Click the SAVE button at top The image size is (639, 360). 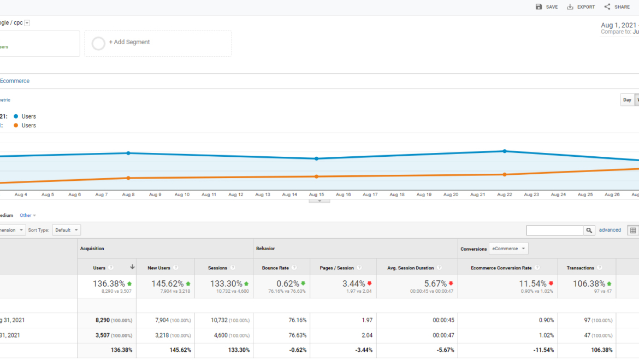(547, 7)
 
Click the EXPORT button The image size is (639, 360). (581, 7)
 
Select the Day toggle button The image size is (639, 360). (627, 100)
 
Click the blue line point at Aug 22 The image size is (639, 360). (505, 151)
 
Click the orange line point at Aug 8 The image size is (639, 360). (128, 178)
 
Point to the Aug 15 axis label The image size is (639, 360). (316, 194)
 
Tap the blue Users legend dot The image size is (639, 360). (16, 116)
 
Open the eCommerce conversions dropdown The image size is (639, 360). (508, 249)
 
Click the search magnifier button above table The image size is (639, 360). (589, 231)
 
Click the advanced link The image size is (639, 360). (610, 230)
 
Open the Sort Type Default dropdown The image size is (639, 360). (67, 230)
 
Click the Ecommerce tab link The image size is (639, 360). (15, 81)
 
